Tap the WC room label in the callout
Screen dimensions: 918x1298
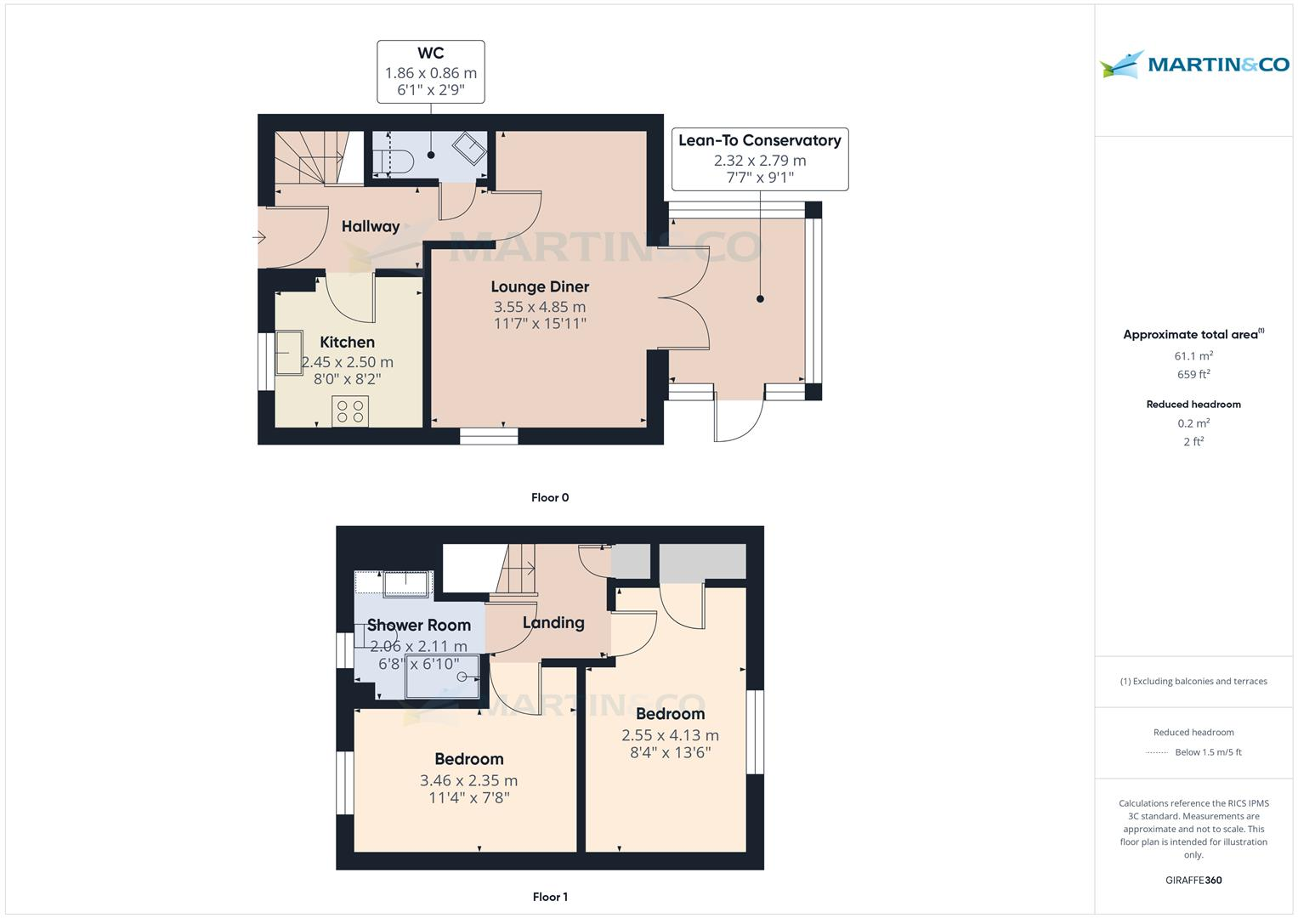pos(431,54)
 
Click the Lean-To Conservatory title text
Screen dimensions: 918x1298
pos(759,140)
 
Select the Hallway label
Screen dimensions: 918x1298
pos(370,226)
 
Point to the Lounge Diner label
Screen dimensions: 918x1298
pos(540,286)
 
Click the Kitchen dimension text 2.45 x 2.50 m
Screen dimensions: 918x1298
pos(347,362)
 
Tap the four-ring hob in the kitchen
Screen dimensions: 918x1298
pos(349,411)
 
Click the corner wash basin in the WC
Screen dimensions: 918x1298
pos(468,149)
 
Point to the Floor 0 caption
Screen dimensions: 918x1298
pos(550,497)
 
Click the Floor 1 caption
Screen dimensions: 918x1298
pos(550,897)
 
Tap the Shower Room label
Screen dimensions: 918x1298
pos(418,626)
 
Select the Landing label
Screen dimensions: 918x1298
pos(553,622)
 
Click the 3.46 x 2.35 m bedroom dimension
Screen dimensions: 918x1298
pos(468,780)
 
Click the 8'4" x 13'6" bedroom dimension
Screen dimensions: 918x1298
pos(670,752)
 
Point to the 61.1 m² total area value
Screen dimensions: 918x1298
pos(1193,356)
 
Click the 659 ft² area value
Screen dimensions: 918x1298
pos(1193,374)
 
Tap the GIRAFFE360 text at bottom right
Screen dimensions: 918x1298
pos(1193,880)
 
